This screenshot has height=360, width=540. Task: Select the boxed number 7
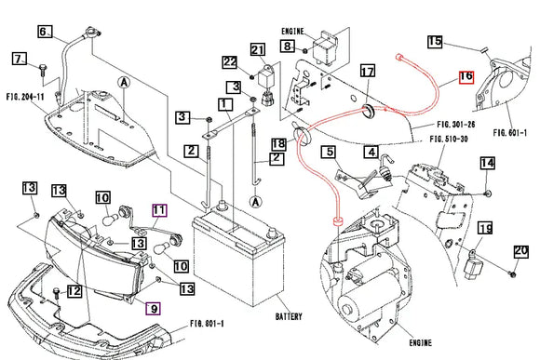coord(17,60)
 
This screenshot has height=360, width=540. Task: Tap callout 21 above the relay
coord(258,49)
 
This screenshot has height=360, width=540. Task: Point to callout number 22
coord(230,62)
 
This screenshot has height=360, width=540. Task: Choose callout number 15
coord(436,41)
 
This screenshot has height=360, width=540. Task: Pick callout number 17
coord(366,72)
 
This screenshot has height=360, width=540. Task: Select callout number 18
coord(277,143)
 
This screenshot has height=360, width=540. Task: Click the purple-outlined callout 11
coord(159,210)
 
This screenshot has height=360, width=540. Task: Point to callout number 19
coord(484,228)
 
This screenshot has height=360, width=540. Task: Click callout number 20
coord(520,250)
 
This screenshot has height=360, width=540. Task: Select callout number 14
coord(487,163)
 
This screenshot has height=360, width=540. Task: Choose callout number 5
coord(329,152)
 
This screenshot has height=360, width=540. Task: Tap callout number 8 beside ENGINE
coord(287,46)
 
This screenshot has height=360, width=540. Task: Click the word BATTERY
coord(289,317)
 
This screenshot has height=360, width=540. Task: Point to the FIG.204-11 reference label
coord(25,95)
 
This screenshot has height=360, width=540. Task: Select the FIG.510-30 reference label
coord(448,139)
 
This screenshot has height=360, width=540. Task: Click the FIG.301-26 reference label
coord(456,122)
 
